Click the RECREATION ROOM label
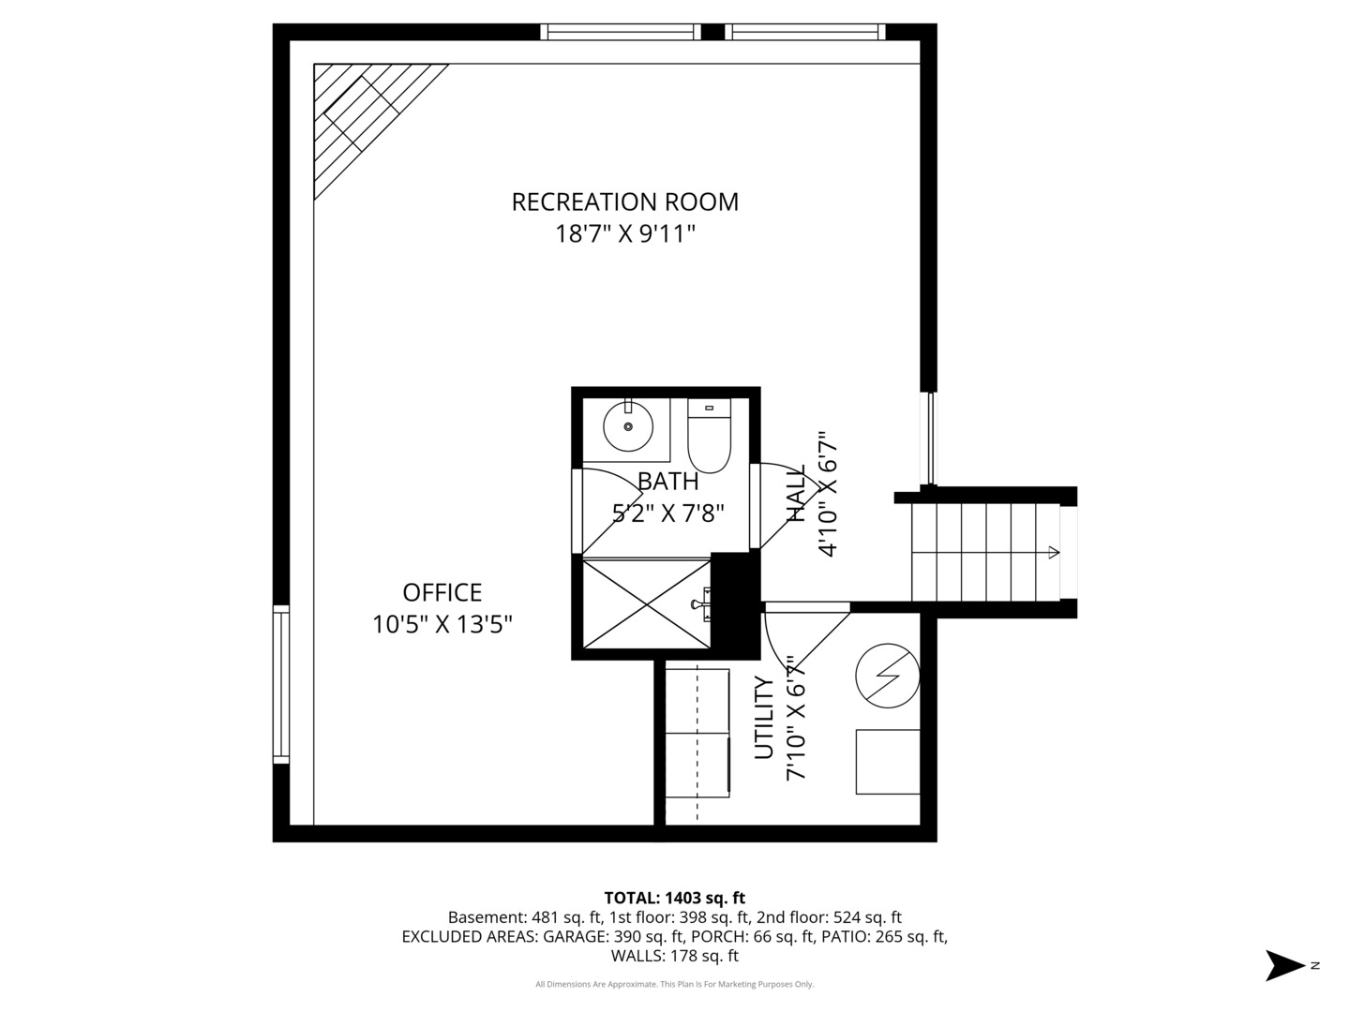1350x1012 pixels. [624, 201]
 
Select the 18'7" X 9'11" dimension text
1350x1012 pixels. [624, 233]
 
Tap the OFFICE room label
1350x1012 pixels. [442, 592]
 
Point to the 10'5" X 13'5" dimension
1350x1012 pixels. [442, 624]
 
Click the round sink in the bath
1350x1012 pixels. [627, 427]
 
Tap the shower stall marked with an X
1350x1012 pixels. [647, 603]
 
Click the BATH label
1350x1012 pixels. [667, 482]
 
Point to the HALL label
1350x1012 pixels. [796, 494]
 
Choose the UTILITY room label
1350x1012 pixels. [765, 718]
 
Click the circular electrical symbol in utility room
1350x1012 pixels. [887, 675]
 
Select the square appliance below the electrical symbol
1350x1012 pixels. [887, 762]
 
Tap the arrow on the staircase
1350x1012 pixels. [1053, 553]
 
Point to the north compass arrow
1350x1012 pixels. [1285, 965]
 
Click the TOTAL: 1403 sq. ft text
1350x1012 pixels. [674, 898]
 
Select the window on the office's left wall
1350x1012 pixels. [280, 684]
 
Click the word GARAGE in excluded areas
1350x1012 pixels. [575, 937]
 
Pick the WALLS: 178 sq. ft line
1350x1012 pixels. [674, 956]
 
